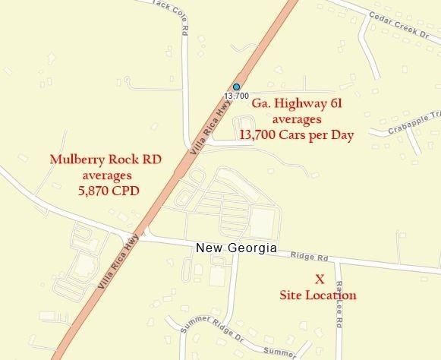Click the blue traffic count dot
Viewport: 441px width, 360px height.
[237, 87]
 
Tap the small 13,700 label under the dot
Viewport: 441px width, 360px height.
[237, 96]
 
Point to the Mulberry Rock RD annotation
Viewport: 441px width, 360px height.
[95, 160]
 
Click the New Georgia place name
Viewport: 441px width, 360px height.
[235, 248]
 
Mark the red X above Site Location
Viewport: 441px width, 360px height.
[319, 279]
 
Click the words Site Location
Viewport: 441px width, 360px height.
[319, 295]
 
